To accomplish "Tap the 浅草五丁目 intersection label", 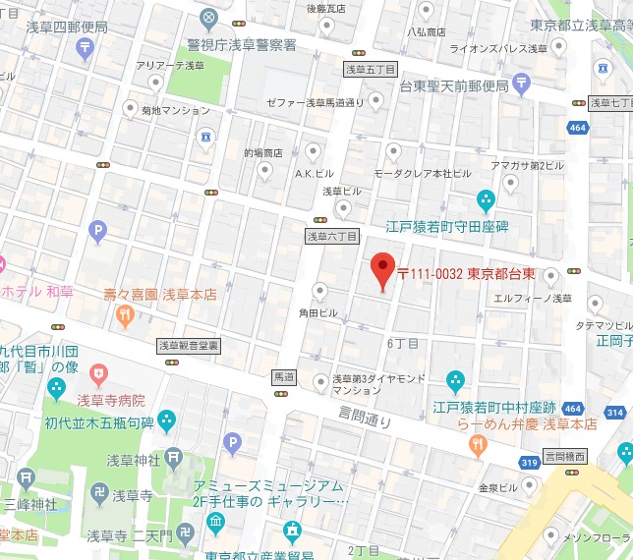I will point(370,70).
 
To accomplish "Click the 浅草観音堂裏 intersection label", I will point(189,346).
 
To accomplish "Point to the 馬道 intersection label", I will point(283,377).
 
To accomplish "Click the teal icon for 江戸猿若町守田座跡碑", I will point(486,201).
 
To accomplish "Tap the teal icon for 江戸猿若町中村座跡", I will point(455,380).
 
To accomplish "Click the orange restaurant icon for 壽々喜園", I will point(125,315).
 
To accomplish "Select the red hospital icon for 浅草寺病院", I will point(97,373).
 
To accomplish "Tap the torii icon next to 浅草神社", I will point(174,457).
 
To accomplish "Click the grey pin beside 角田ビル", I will point(319,290).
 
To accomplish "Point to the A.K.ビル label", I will point(316,173).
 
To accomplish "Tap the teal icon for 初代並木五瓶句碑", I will point(166,422).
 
